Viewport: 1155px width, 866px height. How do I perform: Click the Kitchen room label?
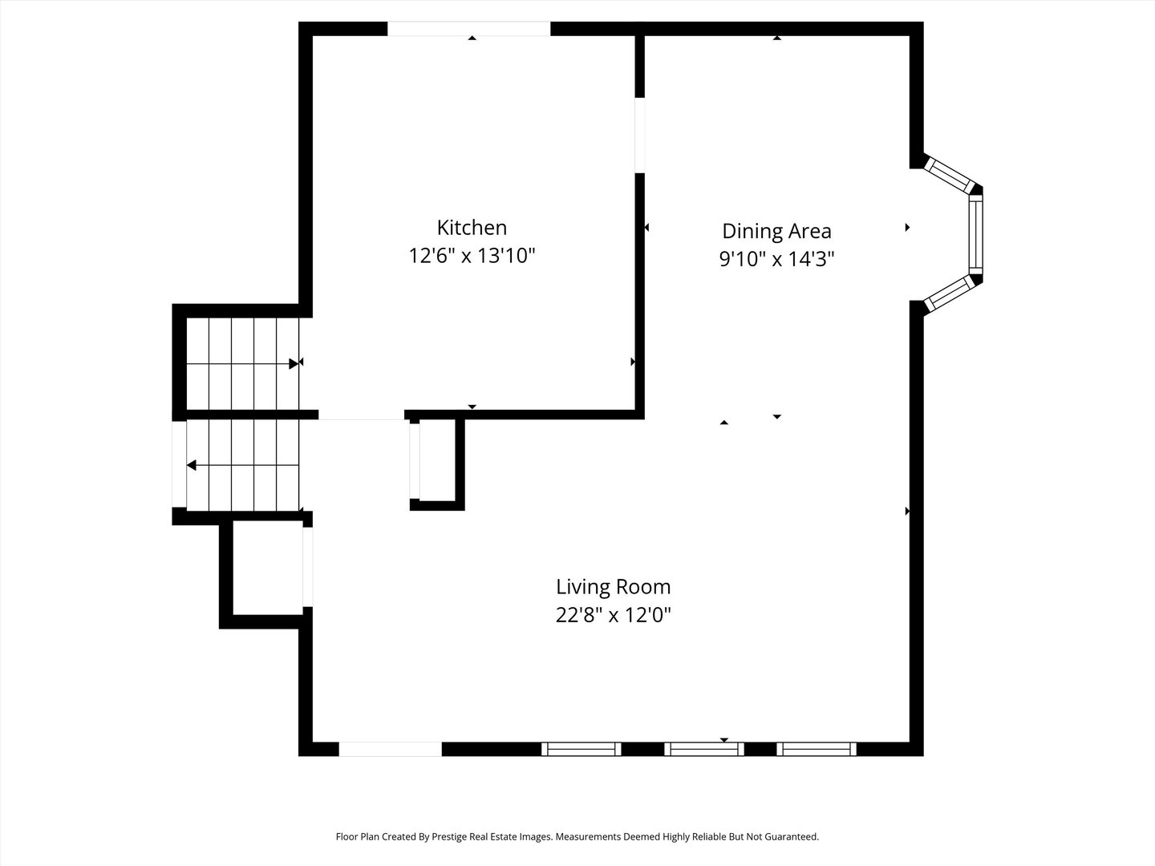[x=472, y=228]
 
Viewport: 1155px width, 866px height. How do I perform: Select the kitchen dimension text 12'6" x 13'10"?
[x=472, y=257]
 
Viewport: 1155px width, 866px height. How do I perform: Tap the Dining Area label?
[x=776, y=231]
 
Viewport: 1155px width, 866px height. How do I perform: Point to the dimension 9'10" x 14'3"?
[x=776, y=260]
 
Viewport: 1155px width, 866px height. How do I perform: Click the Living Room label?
[x=613, y=587]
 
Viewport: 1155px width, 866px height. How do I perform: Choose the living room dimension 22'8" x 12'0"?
[x=613, y=616]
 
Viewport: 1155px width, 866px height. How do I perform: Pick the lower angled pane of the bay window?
[x=949, y=293]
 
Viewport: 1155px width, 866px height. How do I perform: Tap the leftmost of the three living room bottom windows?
[x=581, y=749]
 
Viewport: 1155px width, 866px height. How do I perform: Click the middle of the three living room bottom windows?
[x=704, y=749]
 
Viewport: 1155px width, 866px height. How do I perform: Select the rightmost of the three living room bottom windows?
[x=817, y=749]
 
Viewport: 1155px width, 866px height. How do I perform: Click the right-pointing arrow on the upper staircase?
[x=294, y=363]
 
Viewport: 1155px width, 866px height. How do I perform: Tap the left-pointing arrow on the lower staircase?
[x=192, y=465]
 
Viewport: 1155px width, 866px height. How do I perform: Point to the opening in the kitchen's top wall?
[x=468, y=29]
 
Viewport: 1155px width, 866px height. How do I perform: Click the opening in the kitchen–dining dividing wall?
[x=640, y=135]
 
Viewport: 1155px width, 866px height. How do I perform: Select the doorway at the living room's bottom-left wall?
[x=390, y=749]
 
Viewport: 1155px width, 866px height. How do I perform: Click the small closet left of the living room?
[x=267, y=568]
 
